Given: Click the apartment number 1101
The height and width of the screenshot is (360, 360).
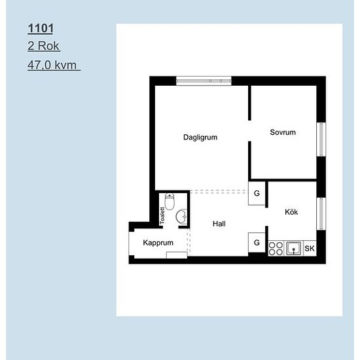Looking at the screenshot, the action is [x=41, y=28].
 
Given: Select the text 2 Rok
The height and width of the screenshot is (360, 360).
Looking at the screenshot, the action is [x=43, y=46].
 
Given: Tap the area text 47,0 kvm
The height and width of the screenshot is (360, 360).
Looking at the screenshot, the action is [x=52, y=65].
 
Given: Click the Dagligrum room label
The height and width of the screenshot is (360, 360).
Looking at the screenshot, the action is [x=200, y=137].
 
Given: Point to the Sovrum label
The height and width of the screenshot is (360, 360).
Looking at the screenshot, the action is [x=283, y=132].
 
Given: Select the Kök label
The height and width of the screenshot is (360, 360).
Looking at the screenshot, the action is [x=291, y=212].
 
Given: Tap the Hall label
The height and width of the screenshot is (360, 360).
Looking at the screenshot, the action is [x=219, y=224].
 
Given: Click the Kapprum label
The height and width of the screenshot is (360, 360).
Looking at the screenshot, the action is [x=158, y=243].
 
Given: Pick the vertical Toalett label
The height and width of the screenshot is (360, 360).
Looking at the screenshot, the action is [x=162, y=216].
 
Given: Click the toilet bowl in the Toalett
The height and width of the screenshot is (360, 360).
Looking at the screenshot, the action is [x=170, y=202].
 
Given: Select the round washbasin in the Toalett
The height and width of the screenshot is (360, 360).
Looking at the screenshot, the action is [x=181, y=216].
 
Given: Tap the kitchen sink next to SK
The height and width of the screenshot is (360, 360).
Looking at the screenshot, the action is [x=294, y=248].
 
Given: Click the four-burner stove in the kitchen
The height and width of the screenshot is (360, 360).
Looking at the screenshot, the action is [x=276, y=249].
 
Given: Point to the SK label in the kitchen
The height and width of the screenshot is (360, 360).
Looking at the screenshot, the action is [x=310, y=249].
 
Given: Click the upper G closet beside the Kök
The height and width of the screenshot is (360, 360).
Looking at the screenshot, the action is [x=257, y=193].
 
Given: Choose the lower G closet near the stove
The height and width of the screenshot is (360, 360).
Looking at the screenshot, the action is [x=257, y=242].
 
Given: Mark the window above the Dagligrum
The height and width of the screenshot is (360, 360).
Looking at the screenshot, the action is [x=204, y=81].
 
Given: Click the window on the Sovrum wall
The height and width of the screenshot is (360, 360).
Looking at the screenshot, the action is [x=321, y=139].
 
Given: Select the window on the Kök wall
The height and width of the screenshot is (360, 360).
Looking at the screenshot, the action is [x=321, y=214].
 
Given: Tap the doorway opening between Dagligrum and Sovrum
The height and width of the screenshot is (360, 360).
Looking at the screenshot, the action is [x=249, y=131].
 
